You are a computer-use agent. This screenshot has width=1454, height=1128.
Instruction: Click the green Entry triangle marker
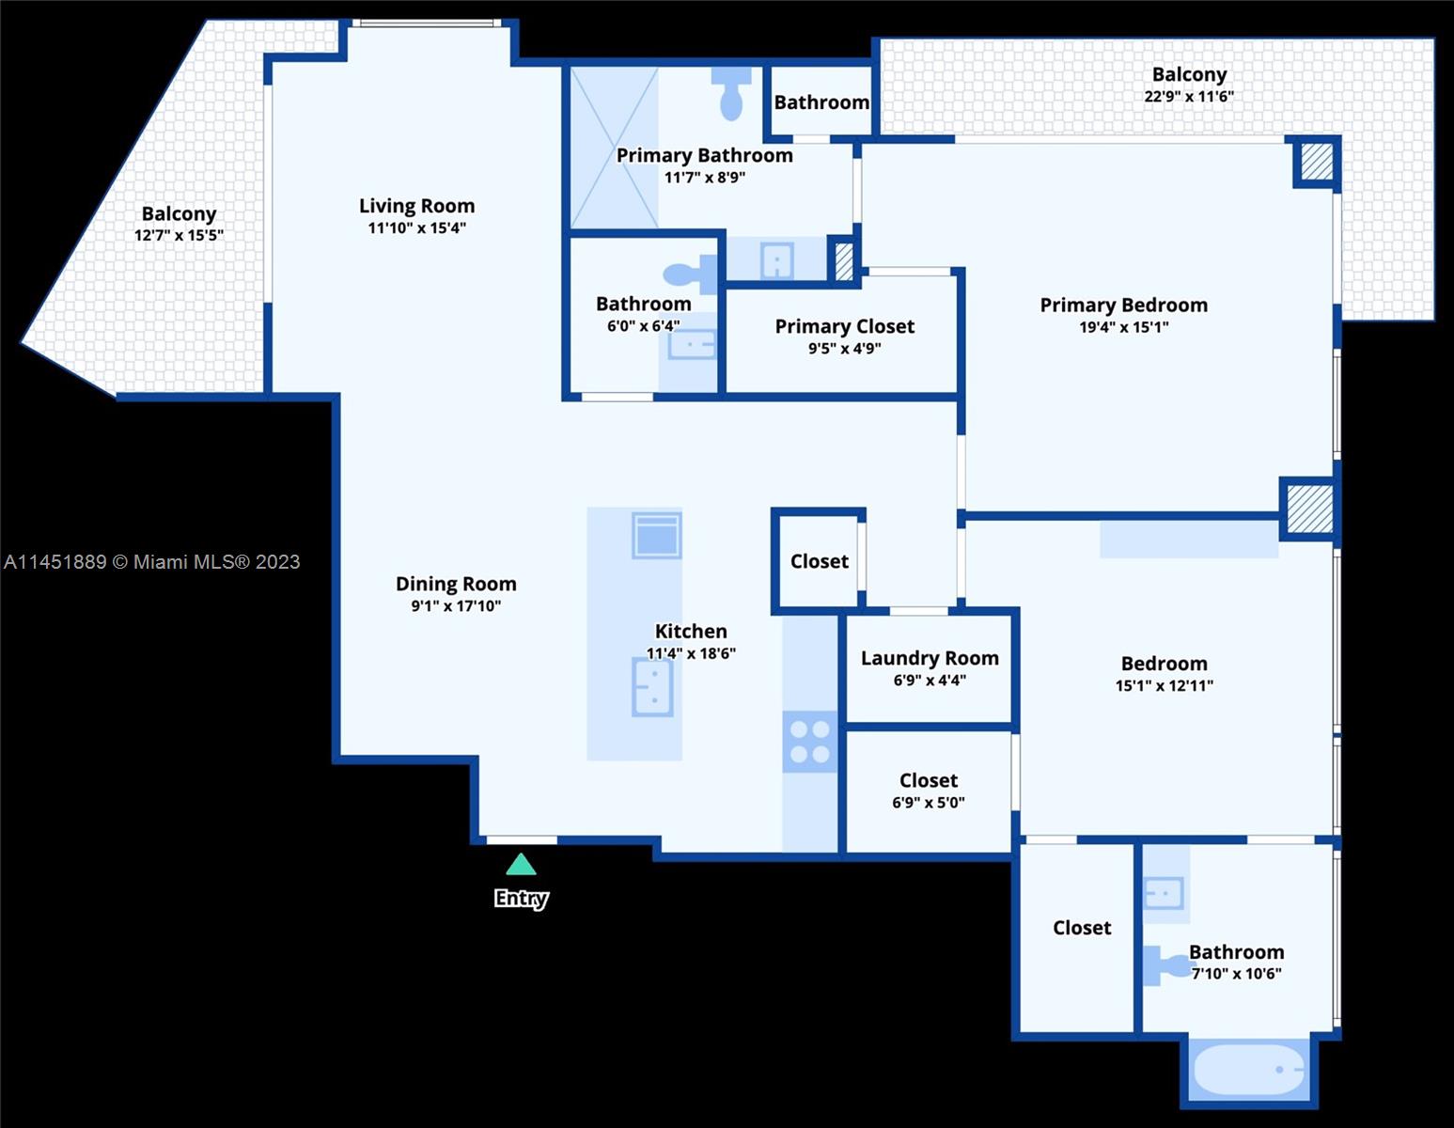[521, 864]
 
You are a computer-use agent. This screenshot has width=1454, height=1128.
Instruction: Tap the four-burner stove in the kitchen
[809, 742]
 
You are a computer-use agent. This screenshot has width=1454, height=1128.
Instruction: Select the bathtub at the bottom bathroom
[1248, 1070]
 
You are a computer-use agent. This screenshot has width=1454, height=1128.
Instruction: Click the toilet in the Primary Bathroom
[731, 93]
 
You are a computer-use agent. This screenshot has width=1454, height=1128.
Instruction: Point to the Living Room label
[417, 206]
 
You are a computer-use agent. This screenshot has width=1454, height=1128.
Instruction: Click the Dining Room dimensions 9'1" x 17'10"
[456, 605]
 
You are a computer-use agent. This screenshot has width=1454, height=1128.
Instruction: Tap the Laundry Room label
[930, 658]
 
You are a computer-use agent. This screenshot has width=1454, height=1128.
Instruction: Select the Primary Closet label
[844, 326]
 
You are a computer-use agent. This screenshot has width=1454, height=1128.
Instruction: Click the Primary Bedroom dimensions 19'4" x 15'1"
[1123, 326]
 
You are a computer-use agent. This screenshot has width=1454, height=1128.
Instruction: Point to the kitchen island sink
[652, 686]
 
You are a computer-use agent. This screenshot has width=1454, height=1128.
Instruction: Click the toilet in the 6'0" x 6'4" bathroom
[690, 274]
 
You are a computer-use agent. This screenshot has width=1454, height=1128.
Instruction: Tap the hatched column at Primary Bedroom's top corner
[1317, 162]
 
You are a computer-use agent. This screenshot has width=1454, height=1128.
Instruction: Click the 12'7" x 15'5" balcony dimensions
[179, 235]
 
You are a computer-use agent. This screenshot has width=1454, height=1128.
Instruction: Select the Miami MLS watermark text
[152, 561]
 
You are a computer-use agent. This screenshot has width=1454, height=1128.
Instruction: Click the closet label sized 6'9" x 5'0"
[928, 780]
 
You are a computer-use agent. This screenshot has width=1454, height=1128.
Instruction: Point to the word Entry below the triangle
[522, 899]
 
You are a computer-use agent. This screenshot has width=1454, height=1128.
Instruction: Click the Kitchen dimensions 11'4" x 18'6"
[691, 653]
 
